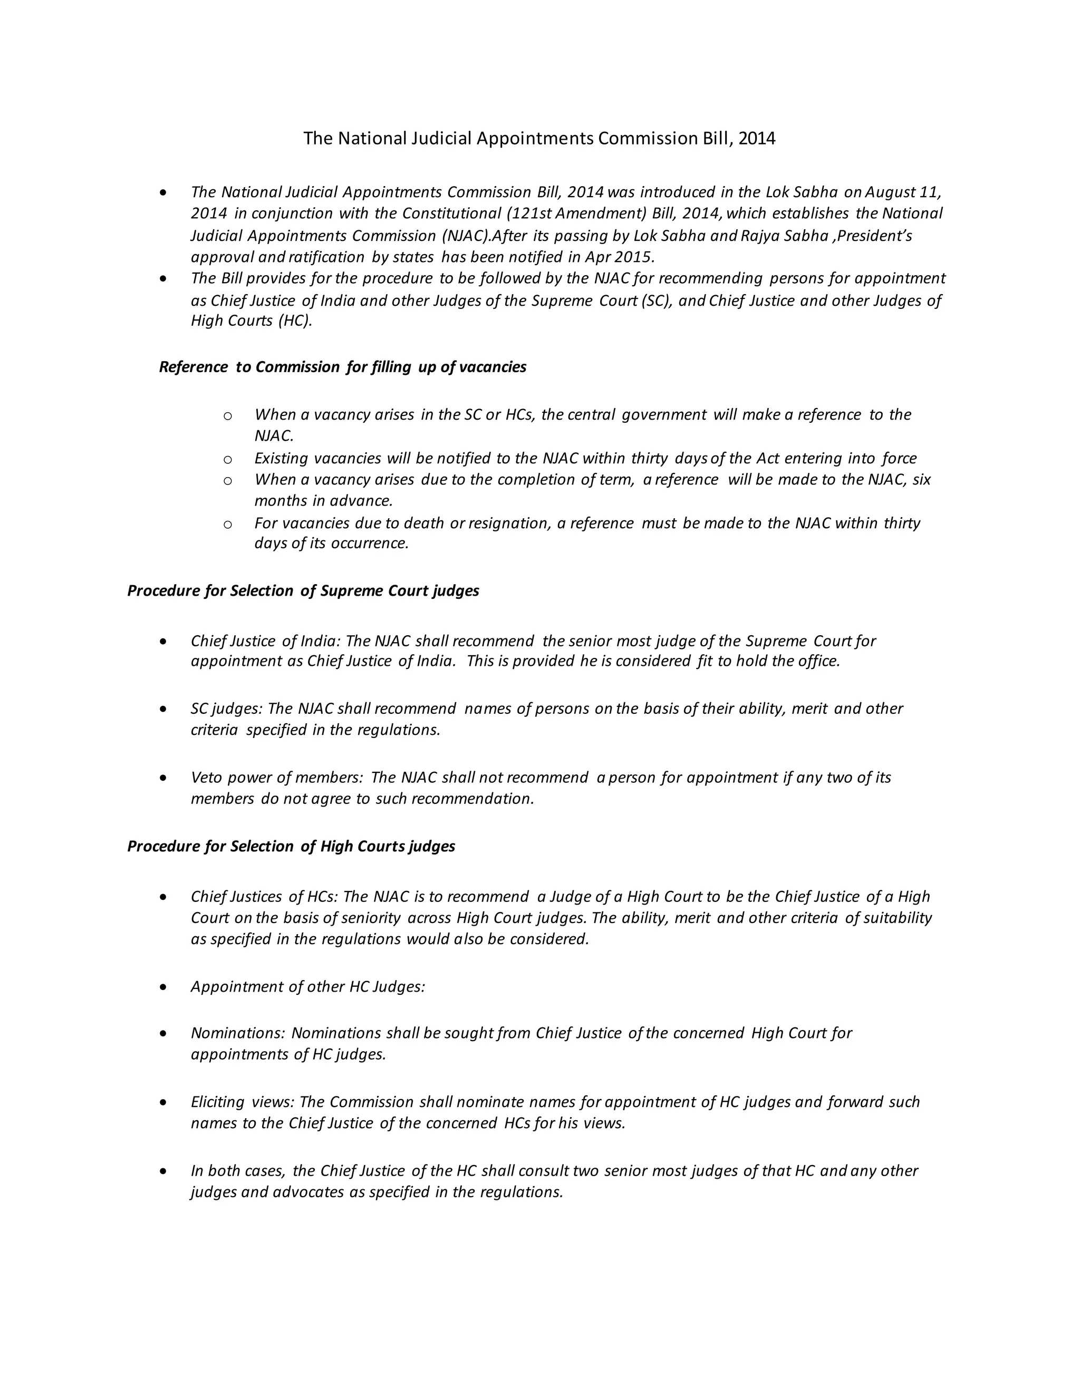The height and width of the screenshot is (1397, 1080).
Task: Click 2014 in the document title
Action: click(x=756, y=139)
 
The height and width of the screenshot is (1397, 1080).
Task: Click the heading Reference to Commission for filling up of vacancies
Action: click(x=342, y=367)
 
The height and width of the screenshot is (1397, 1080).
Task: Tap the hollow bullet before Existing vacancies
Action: click(x=227, y=459)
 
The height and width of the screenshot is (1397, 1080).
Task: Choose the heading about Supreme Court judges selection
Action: click(x=303, y=590)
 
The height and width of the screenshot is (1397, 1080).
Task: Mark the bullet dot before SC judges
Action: click(x=165, y=710)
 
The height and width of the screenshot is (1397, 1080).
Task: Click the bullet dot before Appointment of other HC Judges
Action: click(x=165, y=987)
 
